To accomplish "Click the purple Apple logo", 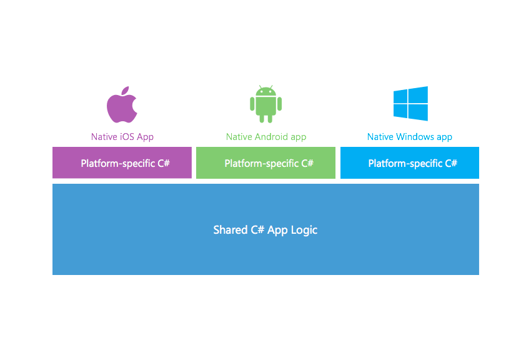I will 122,106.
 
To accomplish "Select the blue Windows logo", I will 410,103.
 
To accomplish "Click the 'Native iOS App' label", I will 122,137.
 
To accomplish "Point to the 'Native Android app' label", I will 266,137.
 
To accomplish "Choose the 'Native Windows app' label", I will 410,137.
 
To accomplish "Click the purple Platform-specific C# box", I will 122,163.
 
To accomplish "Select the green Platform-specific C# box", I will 265,163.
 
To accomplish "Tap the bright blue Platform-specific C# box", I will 410,163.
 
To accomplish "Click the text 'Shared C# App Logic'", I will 265,230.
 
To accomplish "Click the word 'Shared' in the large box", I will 229,230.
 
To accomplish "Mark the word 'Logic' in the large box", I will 304,230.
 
